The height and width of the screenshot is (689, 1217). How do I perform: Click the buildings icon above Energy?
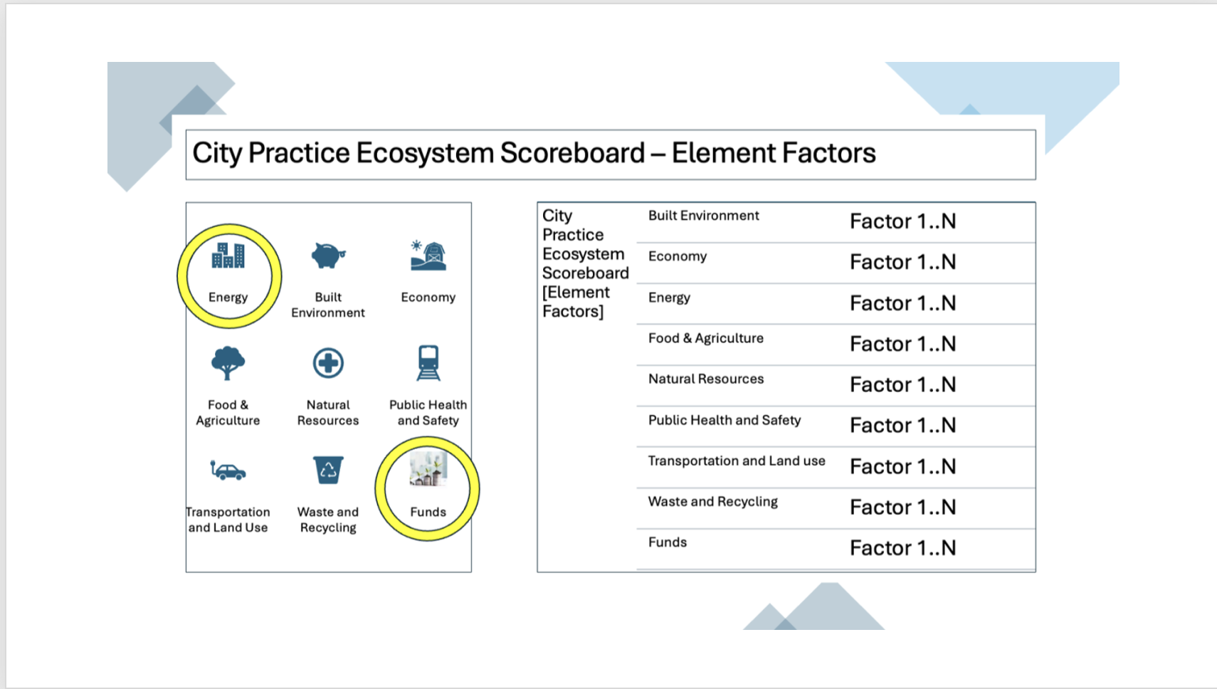click(228, 256)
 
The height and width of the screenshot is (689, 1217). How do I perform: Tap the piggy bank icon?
click(328, 256)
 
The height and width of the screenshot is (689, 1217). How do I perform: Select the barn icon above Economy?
click(428, 256)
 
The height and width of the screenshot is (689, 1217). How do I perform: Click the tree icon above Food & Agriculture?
click(228, 363)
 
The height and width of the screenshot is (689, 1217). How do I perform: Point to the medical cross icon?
click(328, 363)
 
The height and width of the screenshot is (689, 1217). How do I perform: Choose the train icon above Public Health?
click(428, 363)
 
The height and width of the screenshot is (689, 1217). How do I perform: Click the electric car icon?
click(228, 470)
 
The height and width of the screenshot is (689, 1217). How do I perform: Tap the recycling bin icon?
click(328, 470)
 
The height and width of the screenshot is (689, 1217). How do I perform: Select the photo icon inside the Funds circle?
click(428, 469)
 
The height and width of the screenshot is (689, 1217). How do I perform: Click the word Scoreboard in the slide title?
click(572, 153)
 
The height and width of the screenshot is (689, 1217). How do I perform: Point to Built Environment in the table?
click(703, 216)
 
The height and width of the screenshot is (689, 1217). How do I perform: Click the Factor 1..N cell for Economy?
click(902, 262)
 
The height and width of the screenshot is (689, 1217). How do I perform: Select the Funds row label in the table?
click(667, 542)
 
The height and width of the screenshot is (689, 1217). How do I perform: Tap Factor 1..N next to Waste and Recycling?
click(902, 507)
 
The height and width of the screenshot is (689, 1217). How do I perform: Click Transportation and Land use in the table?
click(736, 461)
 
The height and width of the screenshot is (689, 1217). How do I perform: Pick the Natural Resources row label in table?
click(705, 379)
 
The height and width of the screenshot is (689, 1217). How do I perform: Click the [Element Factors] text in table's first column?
click(575, 302)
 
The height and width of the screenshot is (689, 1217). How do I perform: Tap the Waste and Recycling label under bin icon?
click(328, 520)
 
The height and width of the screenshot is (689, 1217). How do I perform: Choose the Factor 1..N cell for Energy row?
click(902, 303)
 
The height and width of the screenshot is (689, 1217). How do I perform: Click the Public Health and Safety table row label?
click(724, 420)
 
